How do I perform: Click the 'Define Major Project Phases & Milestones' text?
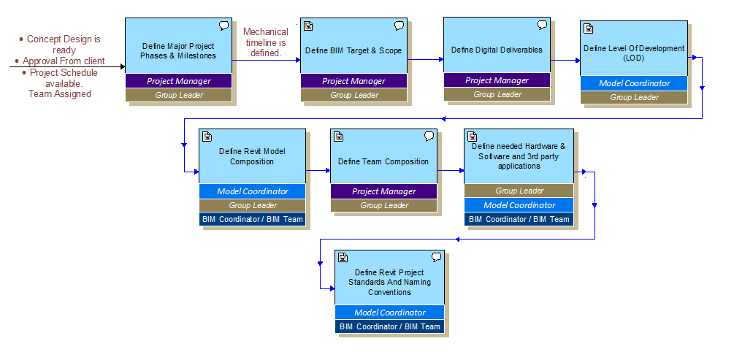(x=179, y=50)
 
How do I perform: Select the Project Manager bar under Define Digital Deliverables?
(x=497, y=80)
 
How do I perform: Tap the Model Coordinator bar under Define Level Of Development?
(x=634, y=83)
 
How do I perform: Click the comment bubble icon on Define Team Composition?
(x=429, y=137)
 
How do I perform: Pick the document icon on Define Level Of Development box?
(x=589, y=28)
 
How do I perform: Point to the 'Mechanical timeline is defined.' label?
(x=265, y=42)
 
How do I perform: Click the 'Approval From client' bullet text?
(x=64, y=61)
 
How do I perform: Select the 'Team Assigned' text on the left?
(x=59, y=94)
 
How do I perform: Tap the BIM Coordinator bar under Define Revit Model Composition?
(x=252, y=219)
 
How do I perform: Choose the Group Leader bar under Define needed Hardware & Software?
(x=519, y=191)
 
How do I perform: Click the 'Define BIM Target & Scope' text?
(x=353, y=51)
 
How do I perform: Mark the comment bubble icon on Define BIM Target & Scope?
(x=400, y=26)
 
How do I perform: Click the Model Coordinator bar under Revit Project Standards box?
(x=389, y=313)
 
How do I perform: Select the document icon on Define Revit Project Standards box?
(x=343, y=257)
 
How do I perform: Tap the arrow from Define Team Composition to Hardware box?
(x=451, y=171)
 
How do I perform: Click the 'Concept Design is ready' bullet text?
(x=64, y=45)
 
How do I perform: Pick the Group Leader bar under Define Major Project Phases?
(x=179, y=95)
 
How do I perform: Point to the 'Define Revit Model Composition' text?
(x=252, y=156)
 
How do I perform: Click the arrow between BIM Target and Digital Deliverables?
(x=425, y=60)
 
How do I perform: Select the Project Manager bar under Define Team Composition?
(x=384, y=191)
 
